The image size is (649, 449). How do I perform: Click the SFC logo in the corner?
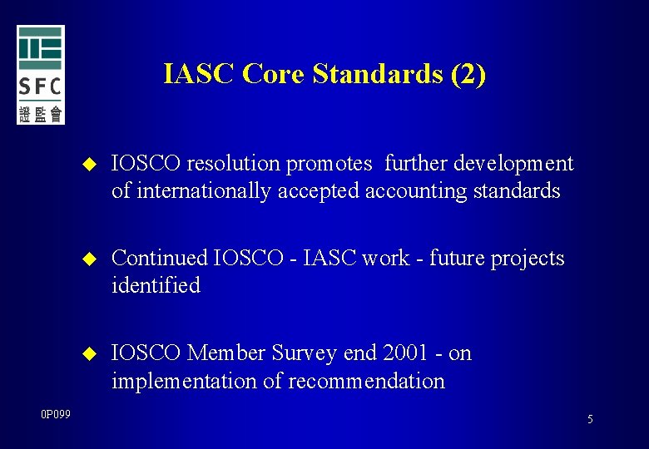click(40, 75)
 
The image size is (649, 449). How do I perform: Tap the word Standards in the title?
click(379, 75)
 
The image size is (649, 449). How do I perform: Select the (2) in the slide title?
click(468, 75)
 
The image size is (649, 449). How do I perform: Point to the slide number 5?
click(590, 420)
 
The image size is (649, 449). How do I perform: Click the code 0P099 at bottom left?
click(56, 413)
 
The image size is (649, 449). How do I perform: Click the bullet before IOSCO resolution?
click(89, 164)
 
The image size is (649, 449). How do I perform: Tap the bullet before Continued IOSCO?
click(89, 259)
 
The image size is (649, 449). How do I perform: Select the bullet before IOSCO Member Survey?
click(89, 354)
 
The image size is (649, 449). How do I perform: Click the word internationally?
click(204, 191)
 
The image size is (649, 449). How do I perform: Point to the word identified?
click(156, 286)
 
